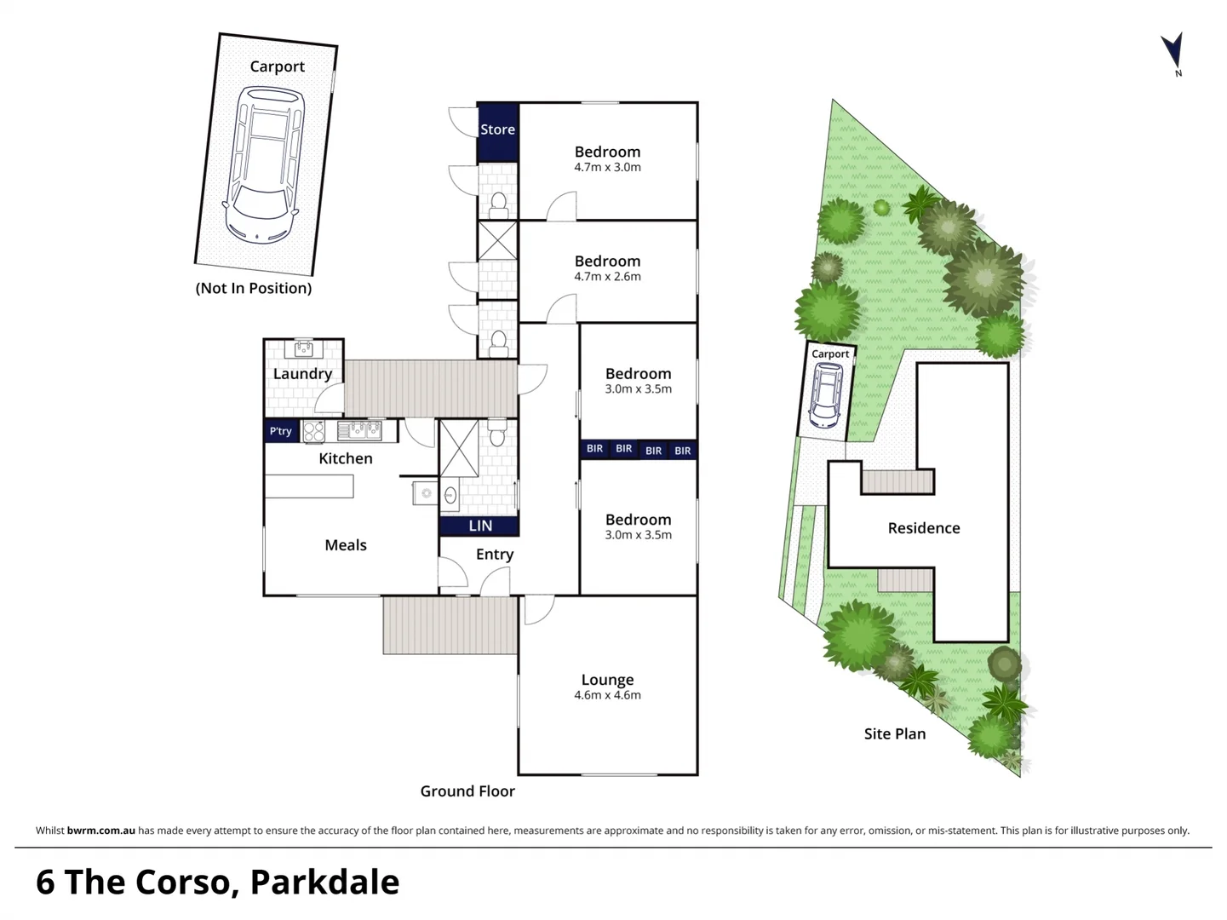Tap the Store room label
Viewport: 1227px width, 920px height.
point(497,129)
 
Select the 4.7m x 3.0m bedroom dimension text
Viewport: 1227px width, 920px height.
point(607,168)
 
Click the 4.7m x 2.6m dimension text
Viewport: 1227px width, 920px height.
point(607,277)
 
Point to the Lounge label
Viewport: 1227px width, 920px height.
point(607,680)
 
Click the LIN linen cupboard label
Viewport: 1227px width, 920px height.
point(480,526)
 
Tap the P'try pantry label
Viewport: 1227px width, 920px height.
point(280,431)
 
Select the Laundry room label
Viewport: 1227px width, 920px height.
point(302,374)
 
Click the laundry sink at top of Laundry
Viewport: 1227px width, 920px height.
point(304,348)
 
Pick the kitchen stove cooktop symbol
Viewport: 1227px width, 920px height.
point(313,431)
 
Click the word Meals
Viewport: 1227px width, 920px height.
point(346,545)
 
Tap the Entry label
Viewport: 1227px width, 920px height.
point(495,555)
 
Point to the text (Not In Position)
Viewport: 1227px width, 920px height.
point(254,288)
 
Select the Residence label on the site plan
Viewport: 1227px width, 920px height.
point(924,528)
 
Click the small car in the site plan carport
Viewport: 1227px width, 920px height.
point(826,395)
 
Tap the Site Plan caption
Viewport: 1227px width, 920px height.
point(894,734)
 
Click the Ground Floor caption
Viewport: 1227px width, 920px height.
point(467,791)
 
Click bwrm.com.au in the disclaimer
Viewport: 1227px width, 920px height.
point(100,831)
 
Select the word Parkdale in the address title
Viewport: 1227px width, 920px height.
point(324,883)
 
